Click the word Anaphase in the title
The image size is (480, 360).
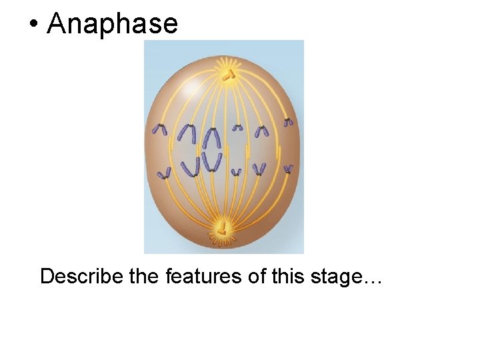pyautogui.click(x=113, y=24)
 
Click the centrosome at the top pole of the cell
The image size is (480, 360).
pyautogui.click(x=228, y=75)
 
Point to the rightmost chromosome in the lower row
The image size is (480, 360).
pyautogui.click(x=288, y=169)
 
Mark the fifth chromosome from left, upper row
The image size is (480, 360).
pyautogui.click(x=262, y=131)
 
